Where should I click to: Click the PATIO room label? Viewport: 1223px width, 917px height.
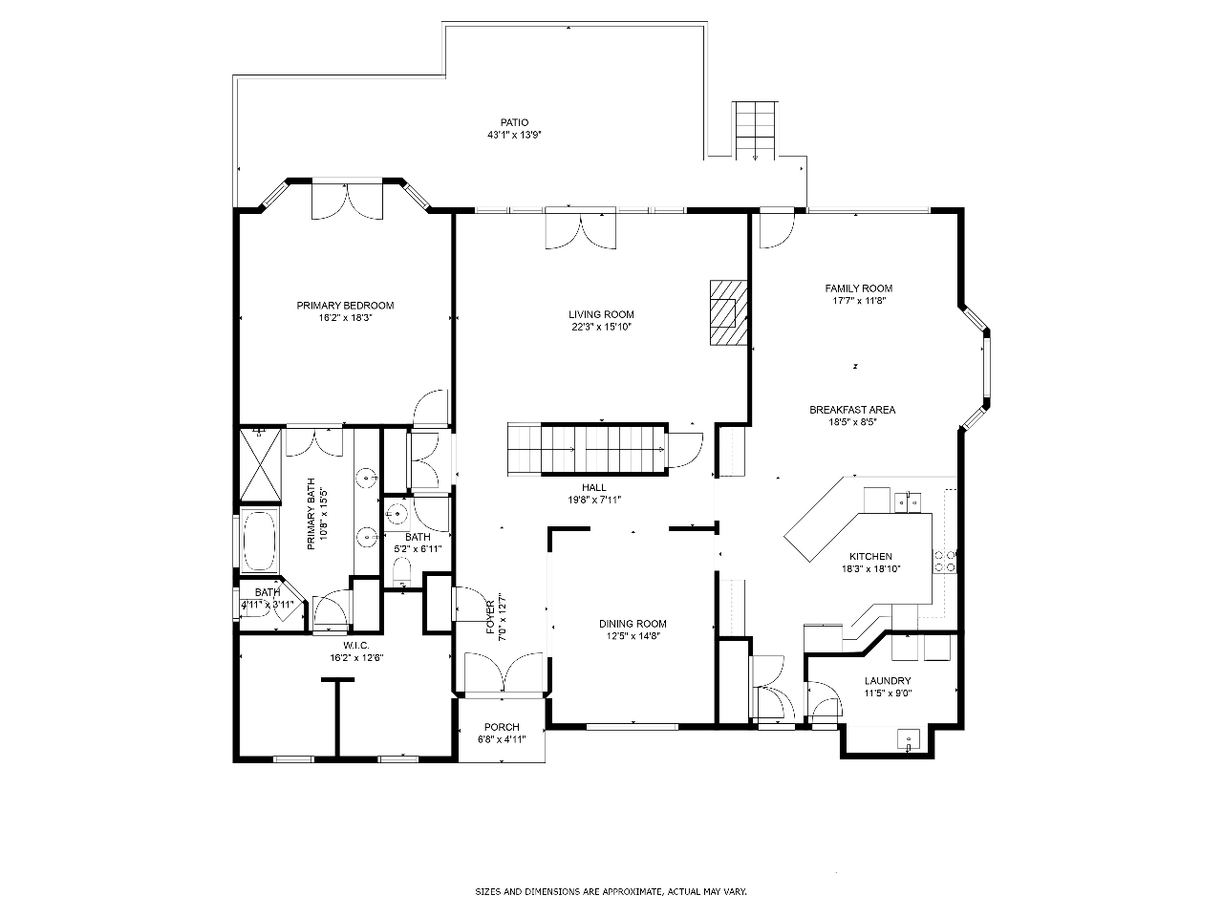click(x=514, y=122)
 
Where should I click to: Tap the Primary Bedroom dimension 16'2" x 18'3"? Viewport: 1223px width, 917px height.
click(x=345, y=318)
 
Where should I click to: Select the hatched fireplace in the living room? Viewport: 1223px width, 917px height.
click(x=728, y=313)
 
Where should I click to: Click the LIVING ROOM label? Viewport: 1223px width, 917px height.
click(x=601, y=314)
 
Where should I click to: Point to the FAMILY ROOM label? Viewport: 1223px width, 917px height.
click(x=859, y=288)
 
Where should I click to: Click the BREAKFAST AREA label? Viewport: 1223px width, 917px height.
click(x=852, y=410)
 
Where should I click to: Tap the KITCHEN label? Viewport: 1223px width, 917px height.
click(x=870, y=556)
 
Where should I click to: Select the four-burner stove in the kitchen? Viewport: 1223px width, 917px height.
click(x=945, y=562)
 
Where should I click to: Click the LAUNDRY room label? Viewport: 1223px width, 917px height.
click(x=888, y=680)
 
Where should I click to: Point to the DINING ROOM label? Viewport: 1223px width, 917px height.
click(x=633, y=624)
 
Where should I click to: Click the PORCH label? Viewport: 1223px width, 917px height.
click(x=502, y=727)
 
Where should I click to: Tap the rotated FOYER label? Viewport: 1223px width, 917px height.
click(x=490, y=617)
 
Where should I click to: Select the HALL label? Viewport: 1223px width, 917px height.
click(x=594, y=488)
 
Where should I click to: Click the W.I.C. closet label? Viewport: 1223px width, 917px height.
click(x=356, y=646)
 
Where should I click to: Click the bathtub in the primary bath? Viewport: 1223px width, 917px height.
click(x=259, y=540)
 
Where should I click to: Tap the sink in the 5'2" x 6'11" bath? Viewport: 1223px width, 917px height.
click(x=397, y=513)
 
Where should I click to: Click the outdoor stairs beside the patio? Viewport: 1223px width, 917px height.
click(x=755, y=130)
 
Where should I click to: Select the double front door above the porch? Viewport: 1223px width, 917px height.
click(x=504, y=674)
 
